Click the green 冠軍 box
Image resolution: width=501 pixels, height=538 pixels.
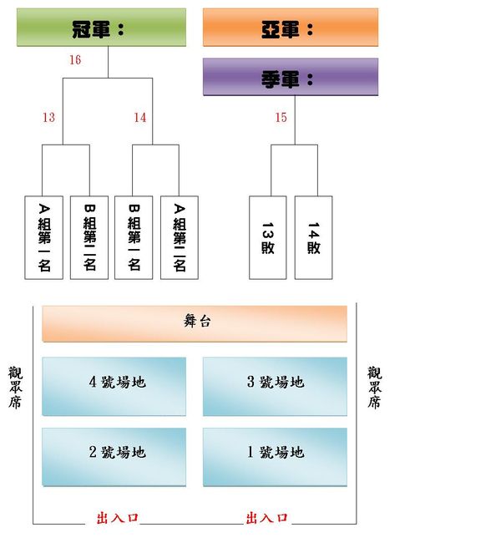pos(101,28)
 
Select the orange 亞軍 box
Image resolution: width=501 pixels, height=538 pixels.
pos(290,28)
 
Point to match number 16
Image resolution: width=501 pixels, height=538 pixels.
pos(75,60)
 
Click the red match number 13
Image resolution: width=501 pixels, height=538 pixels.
pos(48,118)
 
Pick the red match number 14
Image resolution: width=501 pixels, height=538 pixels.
pos(139,118)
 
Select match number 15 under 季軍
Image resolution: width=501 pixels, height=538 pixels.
pos(281,118)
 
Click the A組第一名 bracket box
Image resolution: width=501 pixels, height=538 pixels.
pos(44,237)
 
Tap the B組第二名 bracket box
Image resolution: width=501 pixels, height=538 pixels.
pos(89,237)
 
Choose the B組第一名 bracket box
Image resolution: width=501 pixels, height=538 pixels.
pos(134,237)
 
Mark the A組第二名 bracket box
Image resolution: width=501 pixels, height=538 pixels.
pos(179,237)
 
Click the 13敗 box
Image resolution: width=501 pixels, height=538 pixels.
pos(268,237)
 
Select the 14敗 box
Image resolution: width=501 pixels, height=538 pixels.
pos(313,237)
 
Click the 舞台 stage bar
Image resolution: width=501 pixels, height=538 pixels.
pos(195,322)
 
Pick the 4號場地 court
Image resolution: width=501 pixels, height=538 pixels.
pos(114,385)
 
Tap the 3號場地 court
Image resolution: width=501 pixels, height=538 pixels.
pos(275,385)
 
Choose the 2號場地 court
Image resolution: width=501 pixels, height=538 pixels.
pos(114,455)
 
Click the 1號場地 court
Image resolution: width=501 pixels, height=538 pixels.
pos(275,455)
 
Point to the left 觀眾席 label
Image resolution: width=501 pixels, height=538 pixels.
pos(16,387)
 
